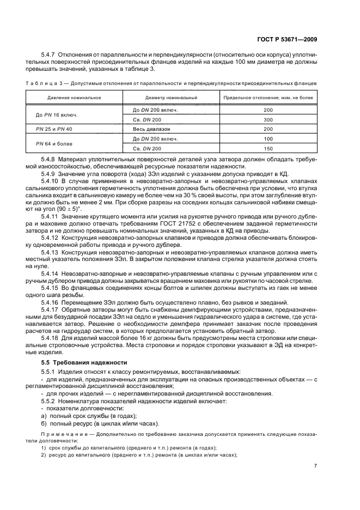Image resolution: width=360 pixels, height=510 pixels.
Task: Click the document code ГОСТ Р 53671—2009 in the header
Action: click(286, 39)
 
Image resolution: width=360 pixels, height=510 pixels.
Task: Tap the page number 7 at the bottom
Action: click(315, 465)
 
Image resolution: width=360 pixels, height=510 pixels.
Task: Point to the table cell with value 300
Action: click(267, 119)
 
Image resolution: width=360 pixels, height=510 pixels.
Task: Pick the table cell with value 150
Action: click(267, 148)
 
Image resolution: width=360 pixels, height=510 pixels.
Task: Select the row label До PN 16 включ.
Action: click(57, 114)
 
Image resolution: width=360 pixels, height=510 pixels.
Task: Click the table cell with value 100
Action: click(267, 139)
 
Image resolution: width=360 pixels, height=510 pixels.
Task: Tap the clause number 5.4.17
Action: click(52, 309)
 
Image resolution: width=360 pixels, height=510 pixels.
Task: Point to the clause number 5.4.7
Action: click(50, 56)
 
